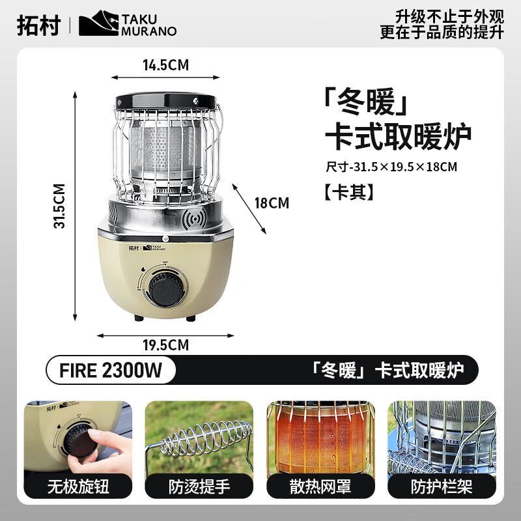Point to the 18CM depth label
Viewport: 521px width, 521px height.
coord(271,203)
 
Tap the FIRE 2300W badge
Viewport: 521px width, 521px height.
coord(111,371)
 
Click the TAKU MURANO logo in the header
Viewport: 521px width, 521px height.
coord(128,25)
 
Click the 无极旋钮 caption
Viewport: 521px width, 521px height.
coord(78,486)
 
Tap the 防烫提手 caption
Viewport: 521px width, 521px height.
coord(203,486)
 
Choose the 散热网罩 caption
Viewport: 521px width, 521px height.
coord(317,486)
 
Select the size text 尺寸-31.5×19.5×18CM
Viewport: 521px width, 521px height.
coord(391,166)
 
